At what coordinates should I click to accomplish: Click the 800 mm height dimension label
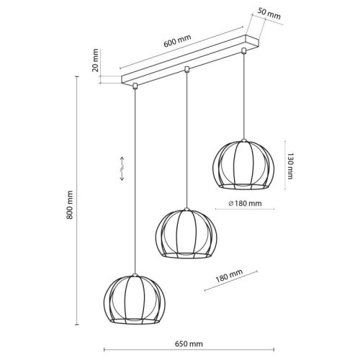tap(70, 204)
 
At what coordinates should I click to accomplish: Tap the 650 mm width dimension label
tap(189, 344)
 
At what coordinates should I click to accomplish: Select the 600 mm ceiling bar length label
tap(177, 40)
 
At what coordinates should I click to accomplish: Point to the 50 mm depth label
tap(269, 14)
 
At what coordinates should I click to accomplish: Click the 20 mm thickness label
tap(95, 60)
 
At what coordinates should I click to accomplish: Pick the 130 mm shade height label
tap(290, 166)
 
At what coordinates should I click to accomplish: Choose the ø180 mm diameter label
tap(245, 204)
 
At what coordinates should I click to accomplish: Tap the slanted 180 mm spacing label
tap(229, 275)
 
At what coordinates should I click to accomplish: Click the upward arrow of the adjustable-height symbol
tap(122, 162)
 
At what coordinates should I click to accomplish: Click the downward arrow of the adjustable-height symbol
tap(122, 175)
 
